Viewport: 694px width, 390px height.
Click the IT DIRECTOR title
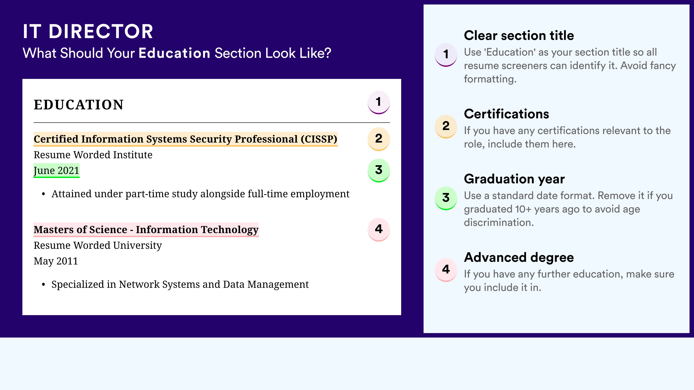pos(88,31)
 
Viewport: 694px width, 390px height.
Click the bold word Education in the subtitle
pos(174,53)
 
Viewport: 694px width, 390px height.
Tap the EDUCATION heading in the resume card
pos(78,105)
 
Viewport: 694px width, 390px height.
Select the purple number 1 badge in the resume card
pos(379,102)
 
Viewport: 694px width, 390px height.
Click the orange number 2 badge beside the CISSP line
pos(379,139)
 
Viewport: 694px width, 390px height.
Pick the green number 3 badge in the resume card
pos(379,170)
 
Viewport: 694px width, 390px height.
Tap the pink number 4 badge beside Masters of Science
pos(379,230)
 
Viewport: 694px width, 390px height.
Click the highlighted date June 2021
pos(57,170)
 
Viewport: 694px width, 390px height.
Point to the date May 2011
pos(56,261)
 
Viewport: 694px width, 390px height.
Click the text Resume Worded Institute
pos(93,155)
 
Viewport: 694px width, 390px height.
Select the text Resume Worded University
pos(98,245)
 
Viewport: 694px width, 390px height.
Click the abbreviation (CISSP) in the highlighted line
pos(319,139)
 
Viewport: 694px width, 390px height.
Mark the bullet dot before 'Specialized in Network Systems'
pos(43,285)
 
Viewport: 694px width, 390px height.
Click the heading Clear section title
pos(519,35)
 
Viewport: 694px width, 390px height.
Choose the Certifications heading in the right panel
pos(506,114)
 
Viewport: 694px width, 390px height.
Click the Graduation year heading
pos(514,179)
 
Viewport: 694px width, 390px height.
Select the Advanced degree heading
pos(519,257)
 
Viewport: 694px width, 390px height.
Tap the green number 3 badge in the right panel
pos(446,198)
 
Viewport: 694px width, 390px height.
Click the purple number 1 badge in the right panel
pos(446,55)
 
